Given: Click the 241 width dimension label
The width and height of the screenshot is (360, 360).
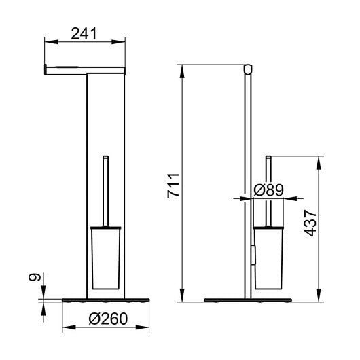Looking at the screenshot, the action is (84, 33).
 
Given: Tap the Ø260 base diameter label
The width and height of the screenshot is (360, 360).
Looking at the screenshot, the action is (108, 319).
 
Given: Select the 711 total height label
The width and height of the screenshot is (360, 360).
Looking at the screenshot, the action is (173, 185).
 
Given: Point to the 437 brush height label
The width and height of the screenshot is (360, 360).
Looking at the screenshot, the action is (310, 223).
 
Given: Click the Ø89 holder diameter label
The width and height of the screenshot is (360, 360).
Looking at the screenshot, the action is (268, 190).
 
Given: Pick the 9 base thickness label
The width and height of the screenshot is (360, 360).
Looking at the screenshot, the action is (34, 277).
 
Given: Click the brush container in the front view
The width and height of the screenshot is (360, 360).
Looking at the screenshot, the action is (105, 258).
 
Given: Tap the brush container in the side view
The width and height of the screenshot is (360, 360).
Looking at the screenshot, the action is (268, 258).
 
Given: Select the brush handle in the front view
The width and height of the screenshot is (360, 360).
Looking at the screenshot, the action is (105, 191).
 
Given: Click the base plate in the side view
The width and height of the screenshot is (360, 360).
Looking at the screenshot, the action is (248, 300).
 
